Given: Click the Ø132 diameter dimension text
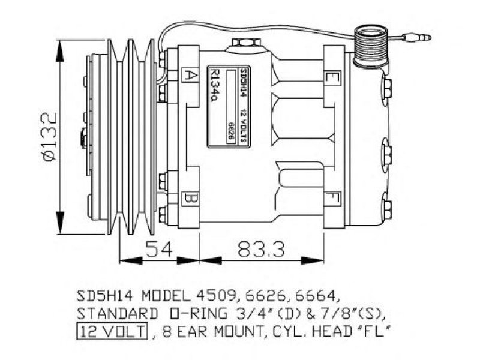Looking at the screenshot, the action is pos(50,137).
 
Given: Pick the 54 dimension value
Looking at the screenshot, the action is pos(159,249).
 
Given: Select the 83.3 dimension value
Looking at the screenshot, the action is pos(262,249).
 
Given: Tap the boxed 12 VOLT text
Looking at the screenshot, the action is pos(112,331).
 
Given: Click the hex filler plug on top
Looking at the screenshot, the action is pos(246,42).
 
